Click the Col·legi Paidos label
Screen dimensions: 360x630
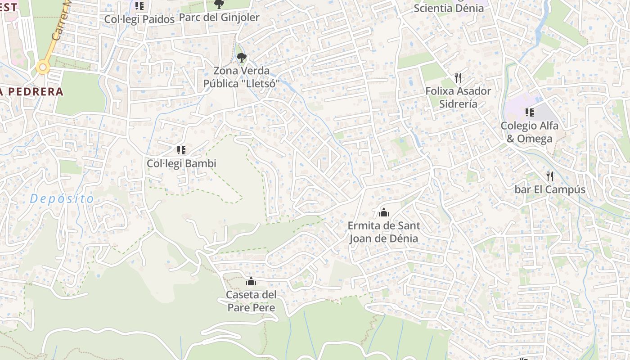(139, 19)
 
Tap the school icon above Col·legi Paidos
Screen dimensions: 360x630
(139, 6)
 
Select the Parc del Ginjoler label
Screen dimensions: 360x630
(219, 18)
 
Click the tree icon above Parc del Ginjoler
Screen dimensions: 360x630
(219, 4)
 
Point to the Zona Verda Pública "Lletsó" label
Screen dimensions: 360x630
(242, 77)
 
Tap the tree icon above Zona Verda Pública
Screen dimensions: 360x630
(242, 57)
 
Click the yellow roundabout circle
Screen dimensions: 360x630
(43, 68)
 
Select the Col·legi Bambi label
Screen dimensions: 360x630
(181, 163)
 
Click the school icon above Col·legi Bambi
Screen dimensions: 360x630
(181, 150)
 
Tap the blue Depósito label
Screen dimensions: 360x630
(62, 199)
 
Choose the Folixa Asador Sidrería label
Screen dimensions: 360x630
(458, 97)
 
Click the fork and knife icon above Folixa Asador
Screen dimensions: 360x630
(458, 78)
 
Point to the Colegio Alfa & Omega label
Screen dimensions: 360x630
(530, 132)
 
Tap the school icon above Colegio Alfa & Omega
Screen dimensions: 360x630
(530, 112)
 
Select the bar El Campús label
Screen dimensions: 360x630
(550, 189)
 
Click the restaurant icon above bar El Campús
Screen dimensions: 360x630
(549, 176)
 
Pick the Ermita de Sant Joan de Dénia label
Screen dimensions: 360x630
(384, 232)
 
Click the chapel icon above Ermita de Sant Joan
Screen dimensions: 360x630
(384, 212)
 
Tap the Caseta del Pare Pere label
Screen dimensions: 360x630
(251, 301)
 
